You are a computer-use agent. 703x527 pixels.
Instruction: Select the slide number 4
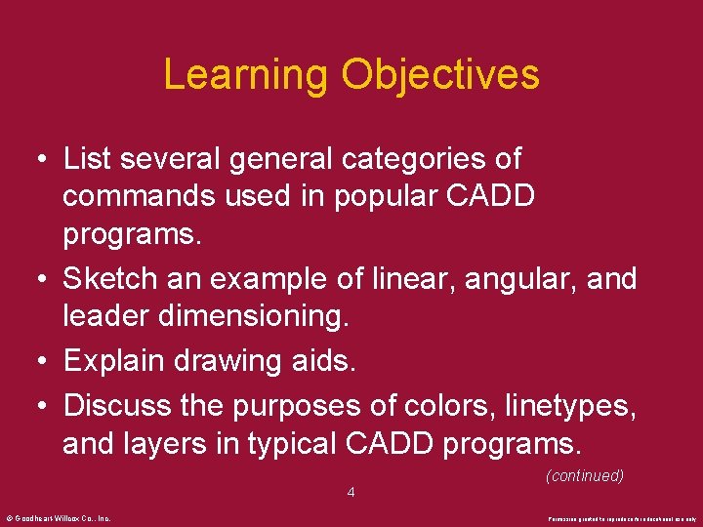click(351, 493)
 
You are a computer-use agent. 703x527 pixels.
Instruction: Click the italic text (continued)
click(584, 475)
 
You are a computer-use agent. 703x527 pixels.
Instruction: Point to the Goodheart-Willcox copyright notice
click(59, 518)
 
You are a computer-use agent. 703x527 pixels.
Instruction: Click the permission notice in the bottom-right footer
click(622, 518)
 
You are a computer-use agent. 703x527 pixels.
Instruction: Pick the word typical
click(293, 443)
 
